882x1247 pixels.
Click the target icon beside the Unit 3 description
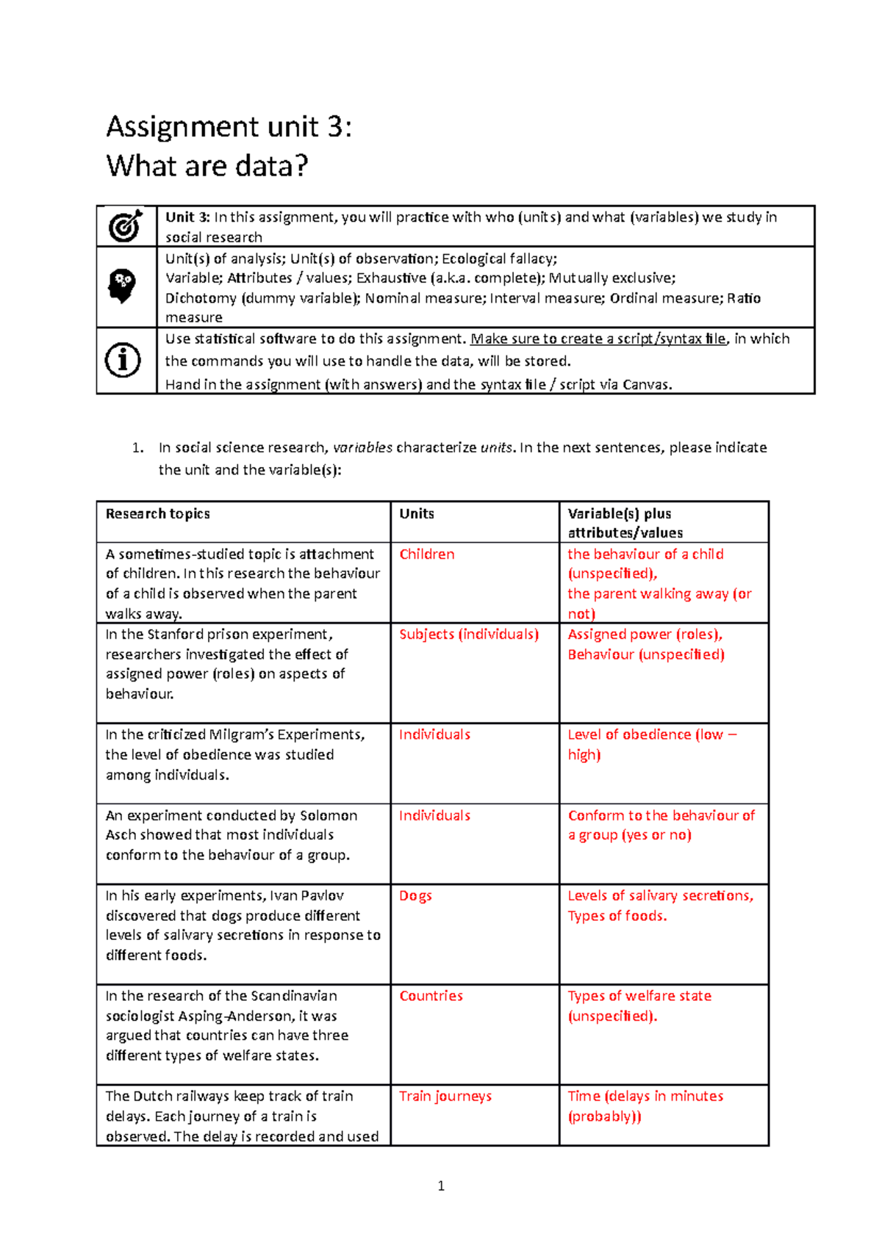(x=126, y=226)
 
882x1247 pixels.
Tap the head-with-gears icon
(x=123, y=286)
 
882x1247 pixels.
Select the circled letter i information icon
(x=123, y=361)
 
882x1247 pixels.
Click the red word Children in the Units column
(x=426, y=554)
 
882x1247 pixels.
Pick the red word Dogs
(x=415, y=896)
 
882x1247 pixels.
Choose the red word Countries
(x=431, y=996)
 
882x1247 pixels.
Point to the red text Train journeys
(x=445, y=1096)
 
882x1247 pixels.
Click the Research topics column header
(x=157, y=514)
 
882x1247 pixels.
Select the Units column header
(x=416, y=514)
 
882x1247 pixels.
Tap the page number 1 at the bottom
(x=441, y=1185)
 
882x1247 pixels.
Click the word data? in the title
(x=271, y=166)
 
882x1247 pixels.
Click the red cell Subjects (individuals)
(x=468, y=635)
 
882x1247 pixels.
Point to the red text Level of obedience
(x=629, y=734)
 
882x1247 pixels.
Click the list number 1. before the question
(x=137, y=448)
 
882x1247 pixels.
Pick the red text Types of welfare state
(x=639, y=996)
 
